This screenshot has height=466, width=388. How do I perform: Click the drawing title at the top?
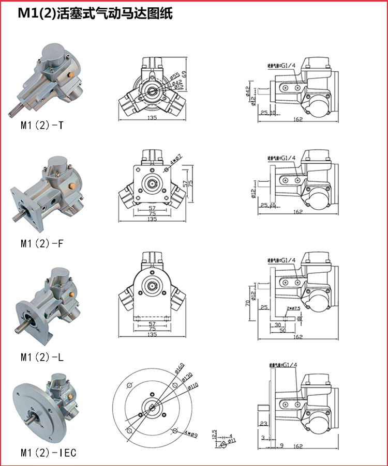pyautogui.click(x=95, y=14)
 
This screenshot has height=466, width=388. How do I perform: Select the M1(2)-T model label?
pyautogui.click(x=42, y=125)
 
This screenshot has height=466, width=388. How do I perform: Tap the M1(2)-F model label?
pyautogui.click(x=42, y=242)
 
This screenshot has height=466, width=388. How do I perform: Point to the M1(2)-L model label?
pyautogui.click(x=42, y=357)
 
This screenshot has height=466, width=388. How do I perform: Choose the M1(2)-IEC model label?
pyautogui.click(x=48, y=453)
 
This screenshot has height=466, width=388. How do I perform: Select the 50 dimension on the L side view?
pyautogui.click(x=282, y=330)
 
